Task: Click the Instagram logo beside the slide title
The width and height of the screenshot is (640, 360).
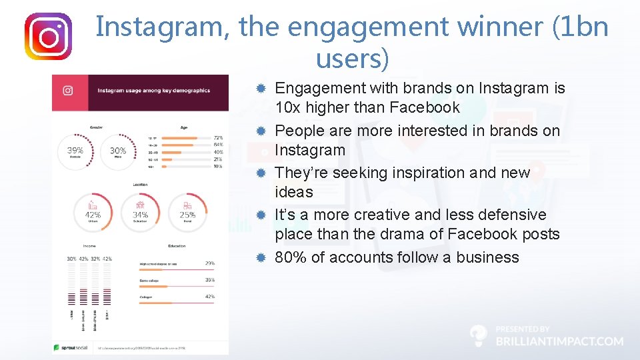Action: tap(48, 37)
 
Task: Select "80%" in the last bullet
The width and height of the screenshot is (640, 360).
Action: tap(291, 257)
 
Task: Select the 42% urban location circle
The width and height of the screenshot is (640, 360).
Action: tap(93, 211)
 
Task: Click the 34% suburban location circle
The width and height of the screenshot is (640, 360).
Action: tap(140, 211)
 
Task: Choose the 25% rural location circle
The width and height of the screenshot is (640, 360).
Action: tap(187, 211)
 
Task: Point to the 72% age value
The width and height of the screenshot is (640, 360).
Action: tap(217, 137)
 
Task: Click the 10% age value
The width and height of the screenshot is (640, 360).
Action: tap(217, 166)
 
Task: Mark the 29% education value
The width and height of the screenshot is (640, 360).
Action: tap(210, 263)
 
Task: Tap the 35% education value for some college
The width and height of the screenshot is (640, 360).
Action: tap(210, 280)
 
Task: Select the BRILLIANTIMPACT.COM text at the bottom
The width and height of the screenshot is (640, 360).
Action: tap(559, 341)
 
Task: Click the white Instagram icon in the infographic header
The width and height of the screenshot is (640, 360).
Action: tap(67, 91)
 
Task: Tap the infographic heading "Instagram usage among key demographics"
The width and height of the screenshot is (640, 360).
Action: tap(154, 91)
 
